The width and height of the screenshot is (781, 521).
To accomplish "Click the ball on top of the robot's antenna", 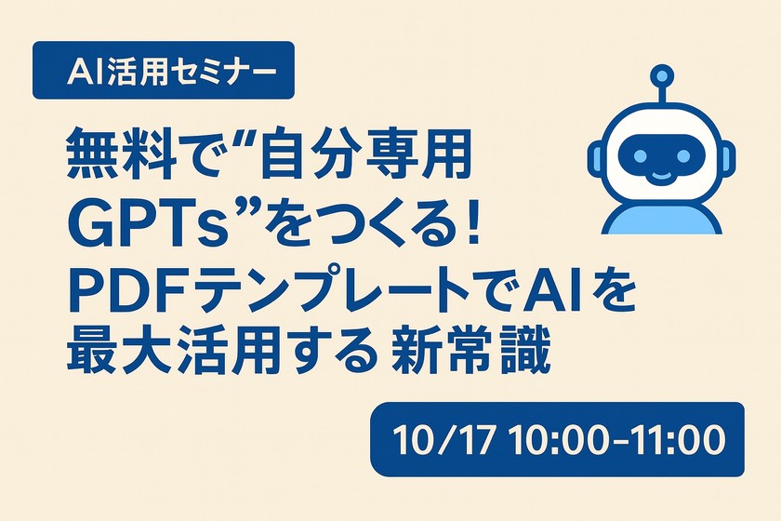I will [x=659, y=73].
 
